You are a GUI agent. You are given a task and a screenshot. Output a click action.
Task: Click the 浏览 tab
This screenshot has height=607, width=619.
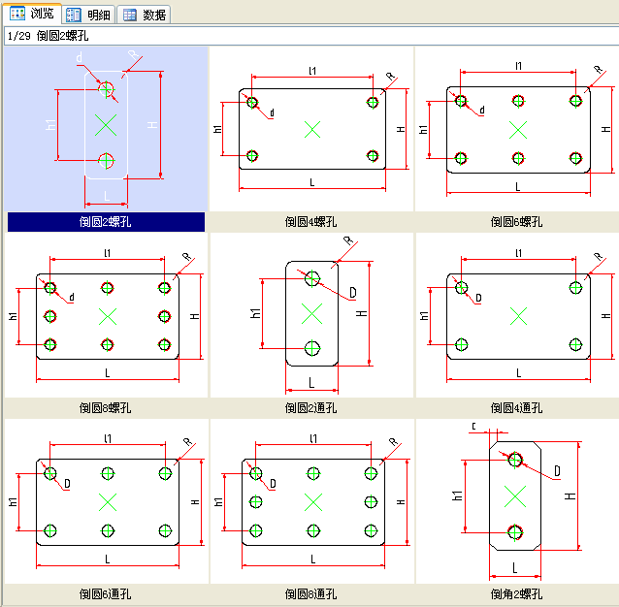pos(32,14)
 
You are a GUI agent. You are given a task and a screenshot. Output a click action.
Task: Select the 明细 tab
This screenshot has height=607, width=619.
pos(89,15)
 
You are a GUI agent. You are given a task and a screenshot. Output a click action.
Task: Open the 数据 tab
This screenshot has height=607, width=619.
pos(145,15)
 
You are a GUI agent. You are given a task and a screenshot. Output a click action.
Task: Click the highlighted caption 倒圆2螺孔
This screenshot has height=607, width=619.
pos(106,222)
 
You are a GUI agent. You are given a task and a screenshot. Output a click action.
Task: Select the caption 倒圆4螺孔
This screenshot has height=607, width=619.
pos(311,222)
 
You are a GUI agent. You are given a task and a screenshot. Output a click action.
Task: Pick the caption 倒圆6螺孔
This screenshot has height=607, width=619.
pos(517,222)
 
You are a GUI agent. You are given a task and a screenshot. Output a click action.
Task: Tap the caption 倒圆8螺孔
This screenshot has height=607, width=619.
pos(106,408)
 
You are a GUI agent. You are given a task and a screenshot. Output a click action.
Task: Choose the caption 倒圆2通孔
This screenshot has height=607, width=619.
pos(311,408)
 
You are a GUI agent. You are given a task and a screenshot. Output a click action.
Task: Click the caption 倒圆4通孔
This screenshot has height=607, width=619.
pos(517,408)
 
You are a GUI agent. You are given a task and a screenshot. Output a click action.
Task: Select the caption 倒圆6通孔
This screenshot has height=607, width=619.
pos(106,593)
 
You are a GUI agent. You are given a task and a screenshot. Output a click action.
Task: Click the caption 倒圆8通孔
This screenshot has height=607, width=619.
pos(311,593)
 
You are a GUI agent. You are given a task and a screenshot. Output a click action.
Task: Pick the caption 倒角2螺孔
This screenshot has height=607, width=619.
pos(517,593)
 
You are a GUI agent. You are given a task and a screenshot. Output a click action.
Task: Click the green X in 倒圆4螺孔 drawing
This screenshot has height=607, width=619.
pos(311,129)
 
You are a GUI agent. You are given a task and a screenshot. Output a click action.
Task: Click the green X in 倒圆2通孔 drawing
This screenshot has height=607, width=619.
pos(311,312)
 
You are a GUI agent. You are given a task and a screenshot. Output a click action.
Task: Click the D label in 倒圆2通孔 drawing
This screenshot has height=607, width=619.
pos(352,292)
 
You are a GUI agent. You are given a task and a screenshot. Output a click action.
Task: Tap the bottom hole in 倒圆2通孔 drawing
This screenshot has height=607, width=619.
pos(311,346)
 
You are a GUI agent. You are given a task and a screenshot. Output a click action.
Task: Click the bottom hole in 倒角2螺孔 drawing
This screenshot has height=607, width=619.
pos(515,531)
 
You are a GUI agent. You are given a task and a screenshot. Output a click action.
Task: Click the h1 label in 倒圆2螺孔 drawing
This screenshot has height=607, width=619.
pos(50,125)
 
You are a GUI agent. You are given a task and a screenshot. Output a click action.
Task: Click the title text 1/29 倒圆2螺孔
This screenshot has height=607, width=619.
pos(49,36)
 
